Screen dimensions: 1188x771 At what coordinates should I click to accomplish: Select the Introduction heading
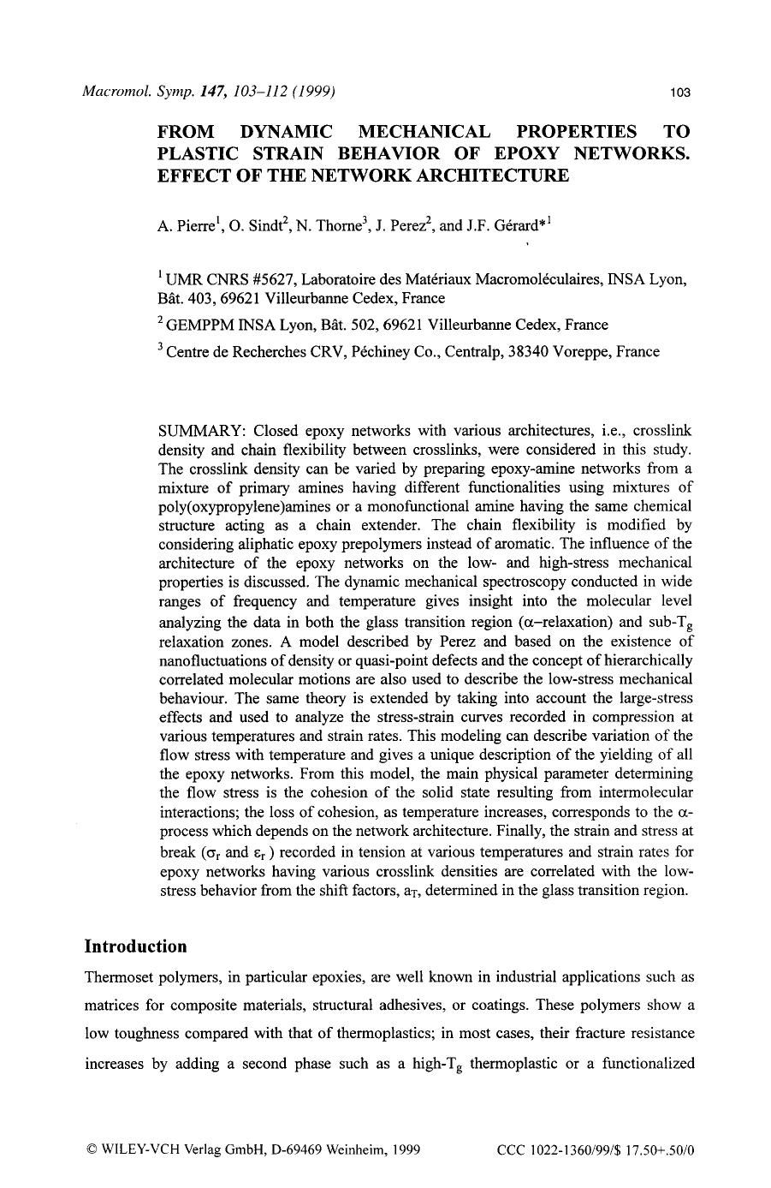click(135, 946)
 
